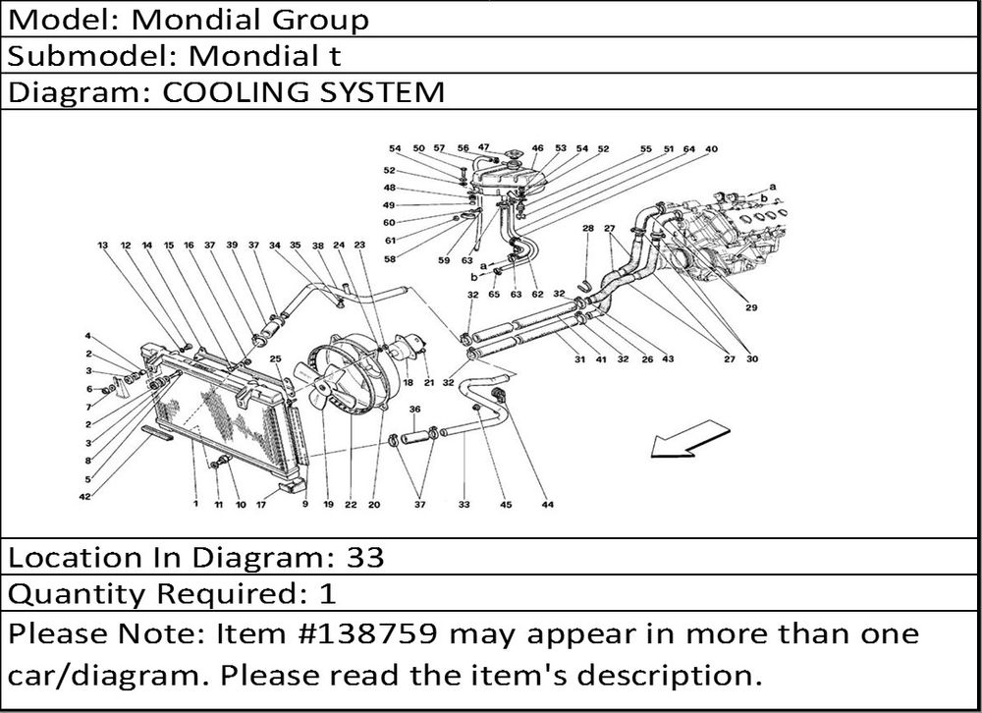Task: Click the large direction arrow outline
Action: point(689,439)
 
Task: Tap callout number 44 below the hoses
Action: point(547,505)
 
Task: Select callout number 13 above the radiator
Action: point(103,245)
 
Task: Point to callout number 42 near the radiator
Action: point(85,497)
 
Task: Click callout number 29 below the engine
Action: point(751,307)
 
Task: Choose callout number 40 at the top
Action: point(711,149)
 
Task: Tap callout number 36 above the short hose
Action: point(414,410)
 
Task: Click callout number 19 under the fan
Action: point(328,505)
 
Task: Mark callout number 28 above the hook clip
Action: point(587,228)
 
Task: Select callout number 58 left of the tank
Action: point(390,258)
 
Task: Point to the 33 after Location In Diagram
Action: point(365,558)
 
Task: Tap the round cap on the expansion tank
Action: point(513,155)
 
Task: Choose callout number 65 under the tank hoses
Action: point(494,294)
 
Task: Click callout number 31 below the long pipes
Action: point(580,359)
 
